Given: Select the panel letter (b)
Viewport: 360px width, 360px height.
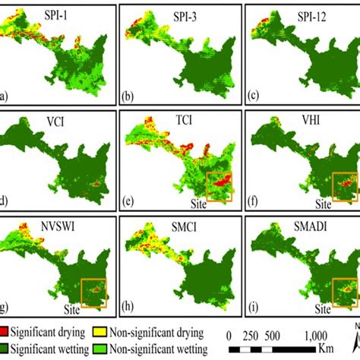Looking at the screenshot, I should [128, 97].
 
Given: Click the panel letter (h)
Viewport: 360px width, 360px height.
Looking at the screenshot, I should [128, 308].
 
